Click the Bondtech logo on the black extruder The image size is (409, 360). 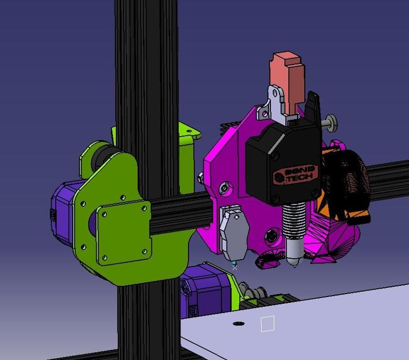click(296, 174)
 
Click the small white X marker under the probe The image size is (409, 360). click(235, 267)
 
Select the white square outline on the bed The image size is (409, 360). click(267, 323)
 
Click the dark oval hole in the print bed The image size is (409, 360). click(238, 324)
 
